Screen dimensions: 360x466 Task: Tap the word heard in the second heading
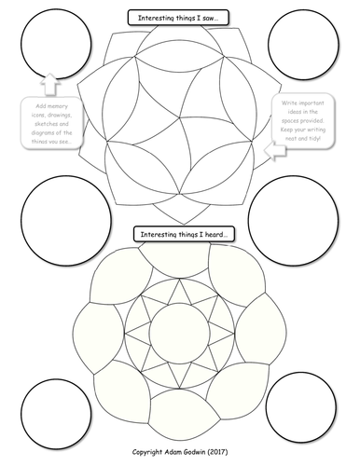pyautogui.click(x=212, y=233)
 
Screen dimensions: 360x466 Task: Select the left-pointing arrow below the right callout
pyautogui.click(x=273, y=149)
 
